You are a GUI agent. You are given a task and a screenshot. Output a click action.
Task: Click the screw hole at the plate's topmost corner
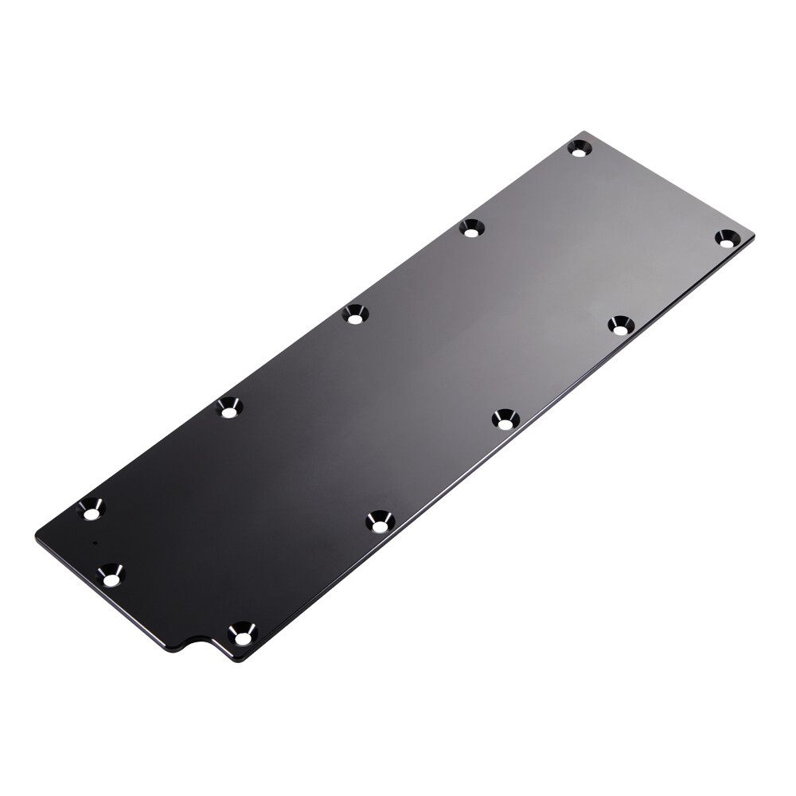coord(579,148)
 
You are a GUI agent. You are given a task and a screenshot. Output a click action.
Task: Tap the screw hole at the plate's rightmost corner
coord(725,237)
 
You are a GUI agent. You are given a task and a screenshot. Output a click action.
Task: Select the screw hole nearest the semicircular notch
coord(241,634)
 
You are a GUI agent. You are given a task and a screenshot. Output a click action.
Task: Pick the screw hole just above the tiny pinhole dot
coord(92,508)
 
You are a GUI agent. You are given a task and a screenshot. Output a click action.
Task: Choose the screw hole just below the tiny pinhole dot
coord(110,574)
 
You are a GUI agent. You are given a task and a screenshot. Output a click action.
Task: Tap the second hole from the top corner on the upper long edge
coord(471,228)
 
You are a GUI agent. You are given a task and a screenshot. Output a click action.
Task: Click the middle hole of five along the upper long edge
coord(355,314)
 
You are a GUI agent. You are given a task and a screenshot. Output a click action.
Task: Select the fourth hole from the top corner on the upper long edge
coord(229,408)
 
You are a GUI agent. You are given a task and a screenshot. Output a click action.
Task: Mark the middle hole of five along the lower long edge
coord(505,419)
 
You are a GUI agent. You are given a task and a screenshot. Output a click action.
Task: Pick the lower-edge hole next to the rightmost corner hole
coord(621,325)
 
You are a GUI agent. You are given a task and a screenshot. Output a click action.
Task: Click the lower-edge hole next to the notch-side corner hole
coord(380,522)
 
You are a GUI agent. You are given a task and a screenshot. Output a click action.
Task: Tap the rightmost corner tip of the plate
coord(751,233)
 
